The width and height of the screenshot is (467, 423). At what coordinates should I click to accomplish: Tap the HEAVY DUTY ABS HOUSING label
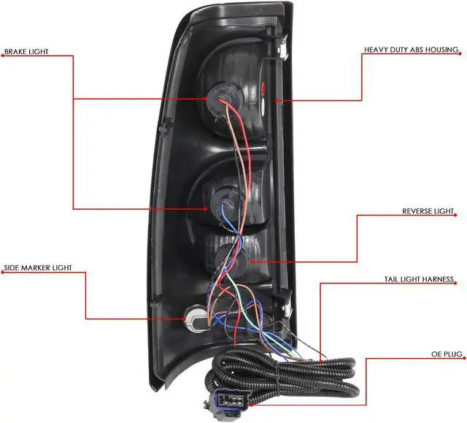pyautogui.click(x=412, y=50)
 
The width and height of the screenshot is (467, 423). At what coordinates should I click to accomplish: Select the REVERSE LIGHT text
pyautogui.click(x=428, y=212)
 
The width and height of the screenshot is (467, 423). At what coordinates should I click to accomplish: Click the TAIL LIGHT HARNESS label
pyautogui.click(x=419, y=280)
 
